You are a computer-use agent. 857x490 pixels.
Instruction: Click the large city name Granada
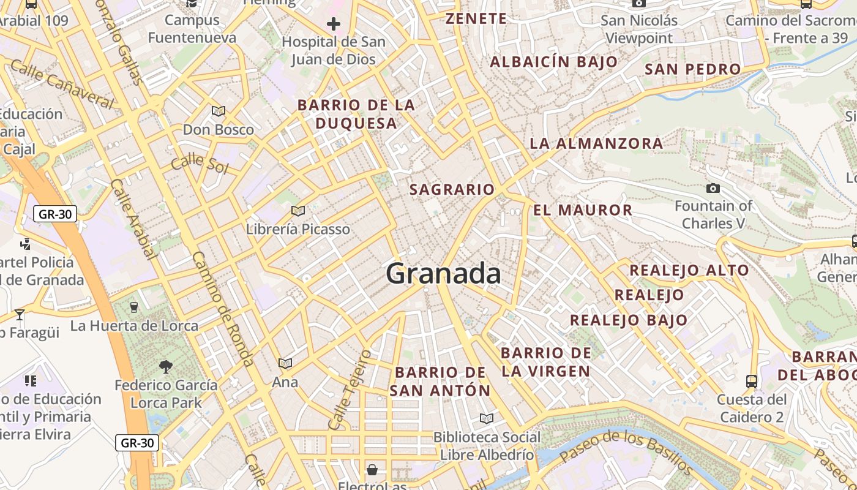click(443, 273)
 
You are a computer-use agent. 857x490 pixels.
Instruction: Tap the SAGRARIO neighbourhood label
click(452, 189)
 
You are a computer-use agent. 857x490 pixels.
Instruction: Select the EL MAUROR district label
click(582, 210)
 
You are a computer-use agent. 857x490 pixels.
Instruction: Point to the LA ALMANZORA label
click(596, 143)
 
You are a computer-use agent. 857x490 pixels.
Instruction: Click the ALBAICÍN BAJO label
click(553, 62)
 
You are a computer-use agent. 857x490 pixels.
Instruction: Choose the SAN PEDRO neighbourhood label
click(692, 69)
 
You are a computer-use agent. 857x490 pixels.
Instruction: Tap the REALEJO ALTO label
click(689, 270)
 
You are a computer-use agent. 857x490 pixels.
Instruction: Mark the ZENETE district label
click(476, 18)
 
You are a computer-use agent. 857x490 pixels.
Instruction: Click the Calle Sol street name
click(199, 164)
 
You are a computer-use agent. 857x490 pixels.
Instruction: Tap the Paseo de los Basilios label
click(626, 452)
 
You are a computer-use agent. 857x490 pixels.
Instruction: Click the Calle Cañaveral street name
click(62, 85)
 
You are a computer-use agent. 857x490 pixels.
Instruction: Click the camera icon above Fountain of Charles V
click(713, 188)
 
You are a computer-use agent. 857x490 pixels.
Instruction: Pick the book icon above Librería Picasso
click(298, 211)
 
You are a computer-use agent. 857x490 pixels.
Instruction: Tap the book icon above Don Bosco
click(219, 111)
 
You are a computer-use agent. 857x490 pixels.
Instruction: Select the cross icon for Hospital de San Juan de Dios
click(334, 24)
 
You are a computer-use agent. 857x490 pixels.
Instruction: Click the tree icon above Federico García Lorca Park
click(165, 367)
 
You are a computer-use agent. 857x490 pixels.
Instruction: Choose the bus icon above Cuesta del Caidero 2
click(752, 381)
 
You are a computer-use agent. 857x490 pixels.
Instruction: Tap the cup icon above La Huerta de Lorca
click(134, 307)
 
